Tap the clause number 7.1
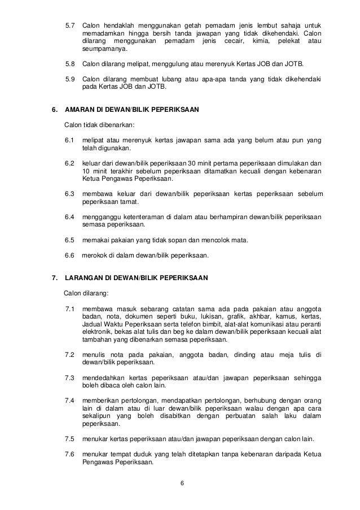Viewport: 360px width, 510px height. click(x=71, y=309)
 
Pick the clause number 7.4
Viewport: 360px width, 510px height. click(x=71, y=400)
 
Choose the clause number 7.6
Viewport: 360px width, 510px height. click(x=71, y=454)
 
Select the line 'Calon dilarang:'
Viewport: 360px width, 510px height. click(x=86, y=293)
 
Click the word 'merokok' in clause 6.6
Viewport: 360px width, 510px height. click(x=94, y=255)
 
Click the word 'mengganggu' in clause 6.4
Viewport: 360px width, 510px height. click(x=101, y=217)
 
